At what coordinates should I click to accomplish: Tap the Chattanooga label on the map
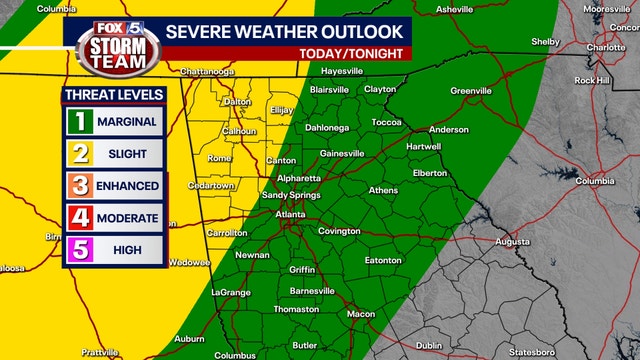click(213, 72)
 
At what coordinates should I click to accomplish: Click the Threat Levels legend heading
click(114, 95)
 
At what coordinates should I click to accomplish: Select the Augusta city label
click(513, 241)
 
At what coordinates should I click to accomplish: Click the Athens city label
click(383, 190)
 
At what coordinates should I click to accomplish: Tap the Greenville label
click(470, 91)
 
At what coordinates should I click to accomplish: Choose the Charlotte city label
click(606, 47)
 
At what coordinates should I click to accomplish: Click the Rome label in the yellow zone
click(219, 158)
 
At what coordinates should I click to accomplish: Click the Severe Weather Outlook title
click(285, 31)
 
